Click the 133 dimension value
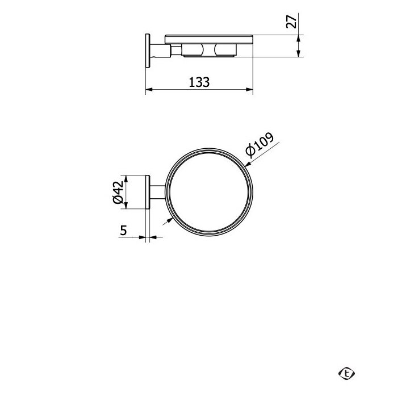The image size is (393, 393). (x=199, y=82)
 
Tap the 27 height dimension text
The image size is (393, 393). (x=291, y=22)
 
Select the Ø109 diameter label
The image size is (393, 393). (x=260, y=145)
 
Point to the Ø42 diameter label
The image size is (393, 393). (x=118, y=192)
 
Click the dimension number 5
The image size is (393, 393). (x=124, y=230)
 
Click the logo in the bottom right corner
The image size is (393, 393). (x=346, y=374)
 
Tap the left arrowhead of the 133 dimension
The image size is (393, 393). (x=149, y=89)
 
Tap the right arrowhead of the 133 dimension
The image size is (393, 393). (x=249, y=89)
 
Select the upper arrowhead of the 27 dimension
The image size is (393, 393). (x=298, y=39)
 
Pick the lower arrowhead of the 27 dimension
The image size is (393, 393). (x=298, y=53)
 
